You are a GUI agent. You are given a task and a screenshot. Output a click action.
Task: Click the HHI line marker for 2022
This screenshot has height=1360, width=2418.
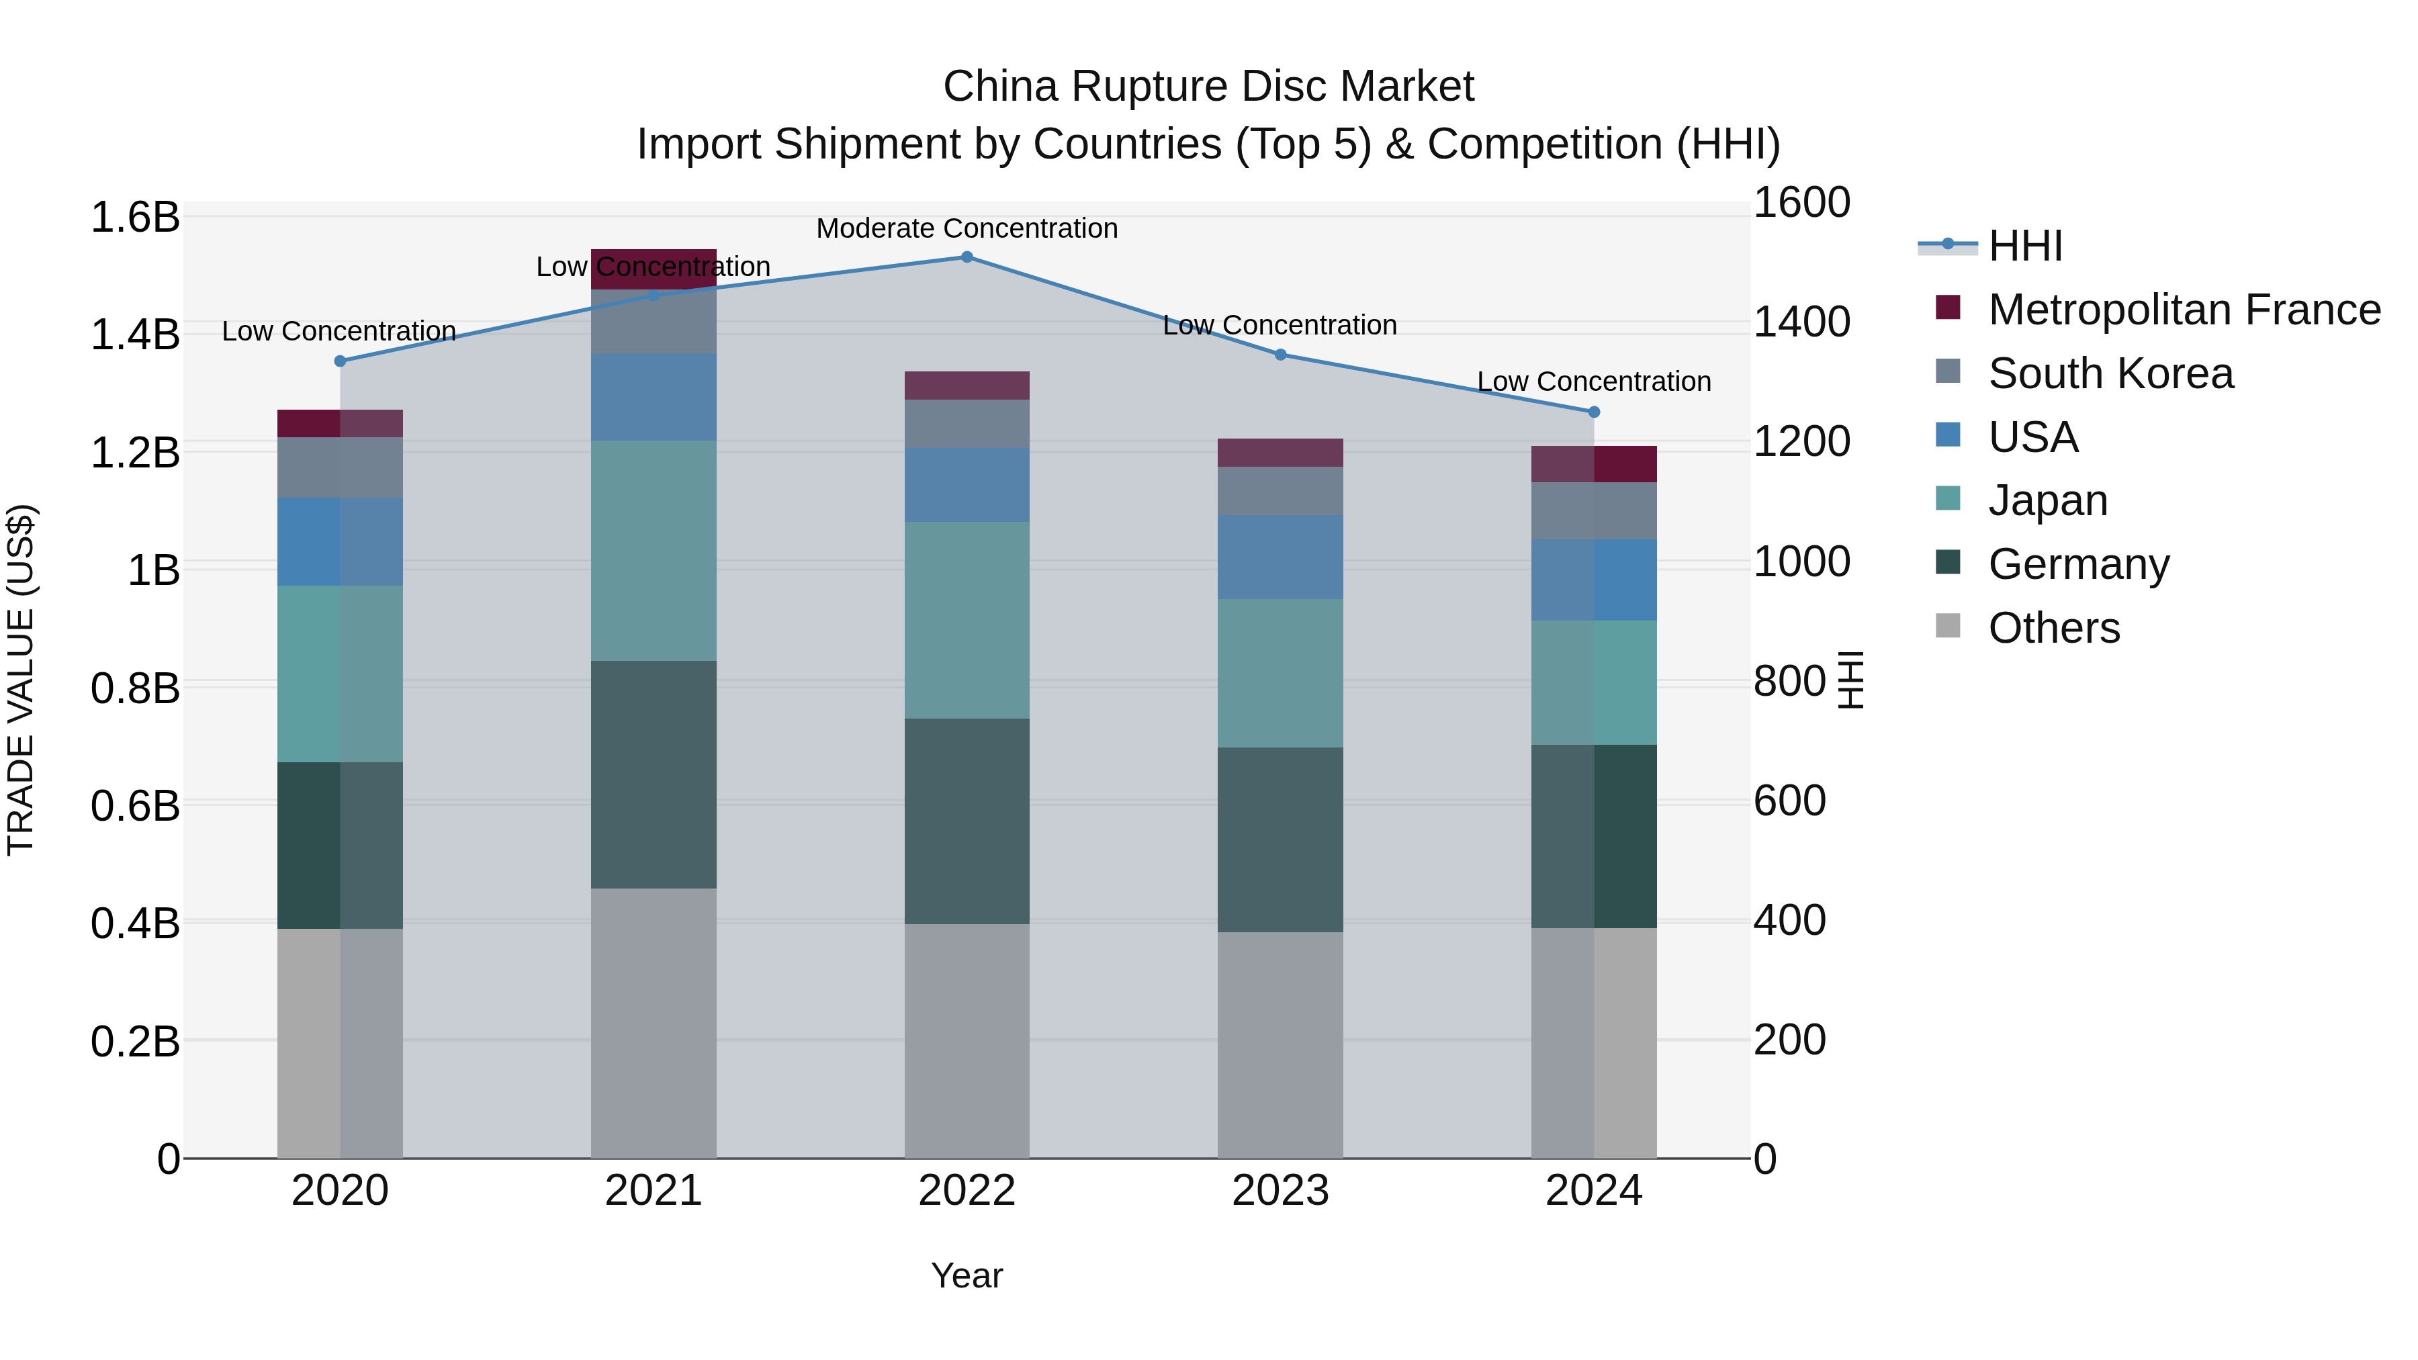point(967,257)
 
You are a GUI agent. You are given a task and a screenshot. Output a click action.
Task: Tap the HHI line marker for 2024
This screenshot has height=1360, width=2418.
point(1593,412)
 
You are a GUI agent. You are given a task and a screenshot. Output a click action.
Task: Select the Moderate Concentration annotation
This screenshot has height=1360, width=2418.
point(967,228)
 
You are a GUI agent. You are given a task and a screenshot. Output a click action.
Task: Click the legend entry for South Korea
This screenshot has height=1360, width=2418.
point(2110,373)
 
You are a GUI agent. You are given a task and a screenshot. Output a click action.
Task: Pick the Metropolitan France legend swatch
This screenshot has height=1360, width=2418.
point(1948,307)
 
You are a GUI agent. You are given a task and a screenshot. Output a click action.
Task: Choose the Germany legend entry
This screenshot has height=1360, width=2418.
point(2078,564)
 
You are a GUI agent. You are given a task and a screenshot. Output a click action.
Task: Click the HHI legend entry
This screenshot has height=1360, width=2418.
point(2024,246)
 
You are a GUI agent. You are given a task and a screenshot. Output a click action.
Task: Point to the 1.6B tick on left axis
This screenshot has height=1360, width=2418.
point(134,217)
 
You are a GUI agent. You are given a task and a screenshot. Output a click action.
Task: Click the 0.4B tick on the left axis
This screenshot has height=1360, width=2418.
point(134,923)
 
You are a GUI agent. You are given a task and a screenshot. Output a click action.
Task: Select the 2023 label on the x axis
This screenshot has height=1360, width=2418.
point(1280,1191)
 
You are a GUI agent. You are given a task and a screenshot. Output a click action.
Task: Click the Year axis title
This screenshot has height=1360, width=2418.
point(967,1275)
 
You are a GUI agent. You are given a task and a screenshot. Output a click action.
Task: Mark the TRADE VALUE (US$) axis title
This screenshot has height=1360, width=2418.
point(21,680)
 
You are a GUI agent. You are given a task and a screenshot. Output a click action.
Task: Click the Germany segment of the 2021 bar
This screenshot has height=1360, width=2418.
point(654,774)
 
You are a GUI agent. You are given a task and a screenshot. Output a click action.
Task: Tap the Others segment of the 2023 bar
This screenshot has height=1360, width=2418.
point(1280,1044)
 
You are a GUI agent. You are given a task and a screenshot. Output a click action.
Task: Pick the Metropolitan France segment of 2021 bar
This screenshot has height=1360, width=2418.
point(654,269)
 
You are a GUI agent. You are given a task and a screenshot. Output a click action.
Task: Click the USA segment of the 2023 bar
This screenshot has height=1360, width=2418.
point(1280,557)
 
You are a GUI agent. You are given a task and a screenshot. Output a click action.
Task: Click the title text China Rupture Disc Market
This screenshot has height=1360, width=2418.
point(1208,87)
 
